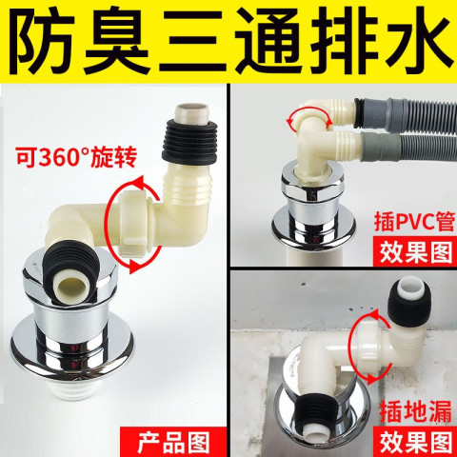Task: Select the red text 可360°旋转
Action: (76, 157)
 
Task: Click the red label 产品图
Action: (173, 443)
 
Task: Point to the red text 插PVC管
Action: (414, 222)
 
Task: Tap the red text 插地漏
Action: (415, 411)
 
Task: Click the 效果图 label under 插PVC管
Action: (416, 252)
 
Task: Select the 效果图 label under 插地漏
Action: (416, 442)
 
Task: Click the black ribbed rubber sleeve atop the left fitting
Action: (190, 140)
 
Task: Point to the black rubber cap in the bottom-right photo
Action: (407, 298)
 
